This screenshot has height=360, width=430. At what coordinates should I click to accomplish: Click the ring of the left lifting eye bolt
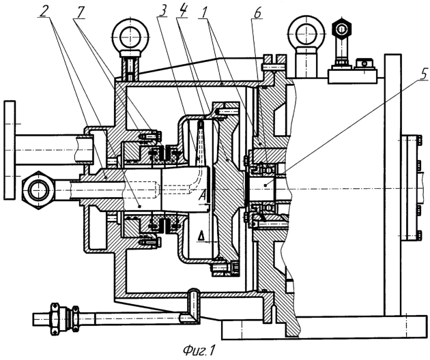(x=130, y=32)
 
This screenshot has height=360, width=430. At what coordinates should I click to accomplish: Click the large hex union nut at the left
(x=35, y=185)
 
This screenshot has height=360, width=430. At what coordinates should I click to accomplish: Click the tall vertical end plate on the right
(x=392, y=184)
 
